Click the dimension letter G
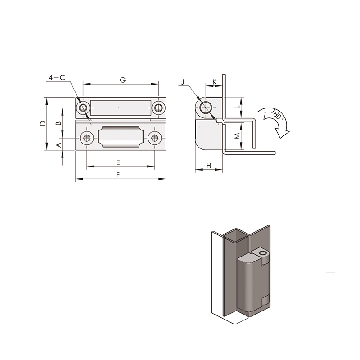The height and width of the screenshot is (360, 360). [123, 80]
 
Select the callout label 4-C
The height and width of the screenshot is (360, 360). [57, 77]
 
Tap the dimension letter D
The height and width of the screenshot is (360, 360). [43, 123]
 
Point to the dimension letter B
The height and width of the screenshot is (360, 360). [59, 123]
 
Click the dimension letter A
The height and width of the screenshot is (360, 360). [59, 145]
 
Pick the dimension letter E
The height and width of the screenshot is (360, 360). [118, 163]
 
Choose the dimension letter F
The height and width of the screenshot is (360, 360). [118, 175]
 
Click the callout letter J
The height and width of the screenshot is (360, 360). [183, 82]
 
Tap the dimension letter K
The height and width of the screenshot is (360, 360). [215, 82]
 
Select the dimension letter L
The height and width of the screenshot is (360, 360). [238, 107]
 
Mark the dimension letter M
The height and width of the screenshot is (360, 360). [238, 136]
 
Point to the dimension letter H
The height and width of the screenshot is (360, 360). [209, 166]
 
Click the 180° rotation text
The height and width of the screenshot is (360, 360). [277, 114]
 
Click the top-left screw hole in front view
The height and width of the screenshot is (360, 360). [83, 108]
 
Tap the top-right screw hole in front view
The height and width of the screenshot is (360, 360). [158, 108]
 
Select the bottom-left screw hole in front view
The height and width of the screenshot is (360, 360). [87, 138]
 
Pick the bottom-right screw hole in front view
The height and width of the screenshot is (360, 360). [155, 138]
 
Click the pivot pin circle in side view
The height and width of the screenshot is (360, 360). [206, 108]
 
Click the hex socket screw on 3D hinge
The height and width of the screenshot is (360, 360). [262, 253]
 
